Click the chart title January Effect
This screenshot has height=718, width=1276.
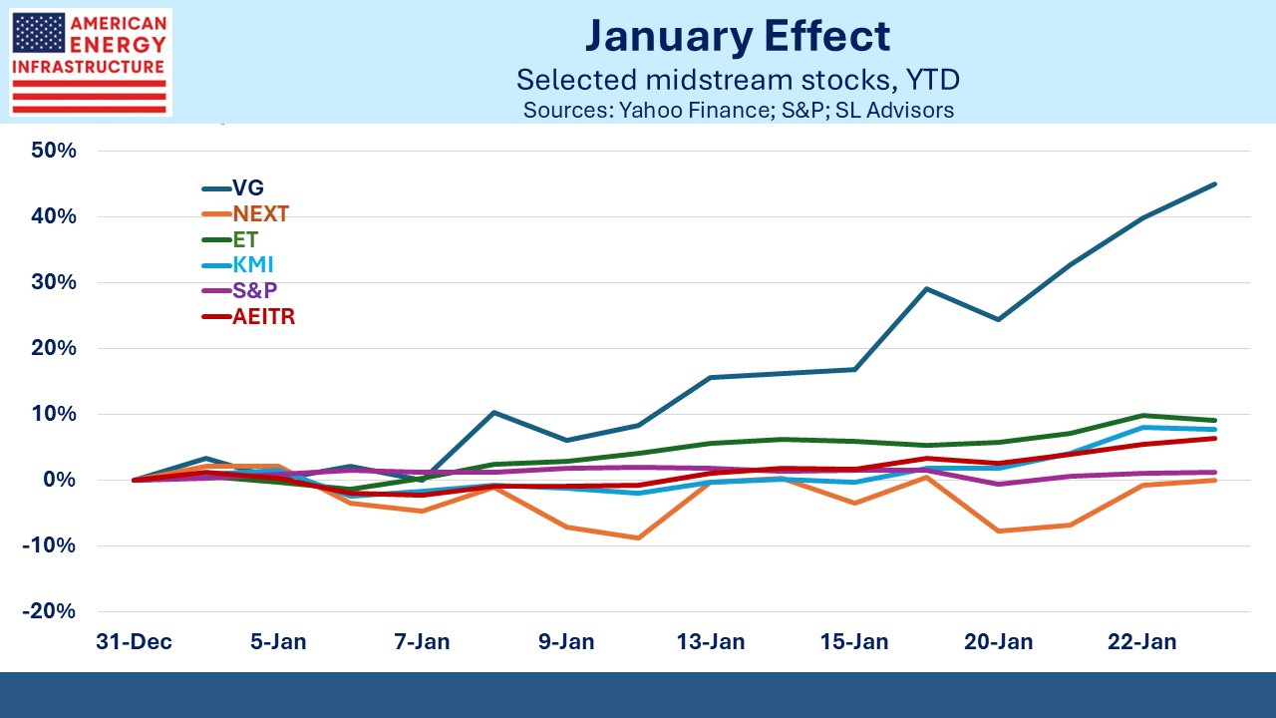738,37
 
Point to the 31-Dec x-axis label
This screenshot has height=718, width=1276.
135,641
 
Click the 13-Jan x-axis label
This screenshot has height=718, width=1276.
710,641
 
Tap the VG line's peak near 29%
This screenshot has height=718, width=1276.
927,289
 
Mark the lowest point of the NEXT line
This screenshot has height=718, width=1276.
637,538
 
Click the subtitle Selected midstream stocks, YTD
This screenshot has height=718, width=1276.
738,80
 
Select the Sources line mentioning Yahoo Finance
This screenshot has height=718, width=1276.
738,110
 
